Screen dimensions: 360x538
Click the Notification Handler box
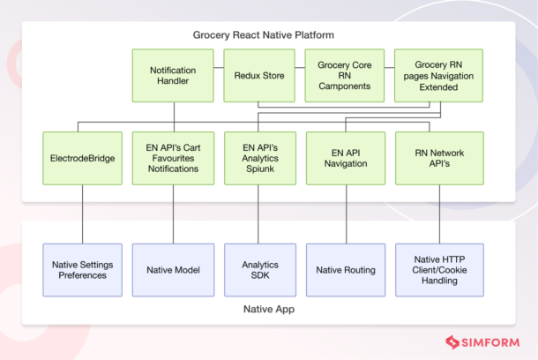click(174, 75)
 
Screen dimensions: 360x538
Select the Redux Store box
click(260, 75)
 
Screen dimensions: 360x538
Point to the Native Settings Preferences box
click(83, 269)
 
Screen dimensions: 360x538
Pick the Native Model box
click(174, 269)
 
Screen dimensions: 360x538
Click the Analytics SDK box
click(260, 269)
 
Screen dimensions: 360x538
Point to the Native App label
click(268, 310)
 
